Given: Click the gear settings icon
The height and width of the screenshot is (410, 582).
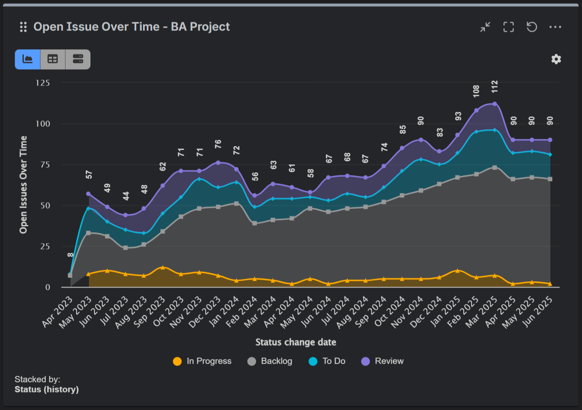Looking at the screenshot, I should [x=556, y=59].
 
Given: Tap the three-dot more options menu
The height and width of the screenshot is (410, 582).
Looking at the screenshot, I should [x=555, y=27].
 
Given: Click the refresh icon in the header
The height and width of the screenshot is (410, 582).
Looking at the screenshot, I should [x=532, y=27].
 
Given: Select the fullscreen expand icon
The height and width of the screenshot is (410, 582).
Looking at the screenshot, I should [x=508, y=27].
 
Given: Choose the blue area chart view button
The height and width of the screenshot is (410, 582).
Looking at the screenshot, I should [x=28, y=59].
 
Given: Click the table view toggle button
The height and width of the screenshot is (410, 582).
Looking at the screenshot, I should [x=53, y=59].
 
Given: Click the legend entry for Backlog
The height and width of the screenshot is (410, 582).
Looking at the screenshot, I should [x=270, y=361].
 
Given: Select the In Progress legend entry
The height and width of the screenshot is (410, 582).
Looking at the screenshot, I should [x=202, y=361].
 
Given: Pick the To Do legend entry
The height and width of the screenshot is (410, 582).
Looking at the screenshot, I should [x=327, y=361].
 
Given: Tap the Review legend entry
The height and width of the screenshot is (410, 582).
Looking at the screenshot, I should [x=382, y=361].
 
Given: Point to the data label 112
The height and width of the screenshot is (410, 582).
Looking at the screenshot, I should [x=494, y=87].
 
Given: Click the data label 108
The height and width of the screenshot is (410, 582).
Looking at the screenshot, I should [x=476, y=91].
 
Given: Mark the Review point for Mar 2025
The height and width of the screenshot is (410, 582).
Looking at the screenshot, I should [x=494, y=104].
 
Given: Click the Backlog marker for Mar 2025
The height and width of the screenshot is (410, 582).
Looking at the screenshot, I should [x=494, y=168].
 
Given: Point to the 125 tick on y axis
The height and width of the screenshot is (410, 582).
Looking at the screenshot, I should [x=43, y=83].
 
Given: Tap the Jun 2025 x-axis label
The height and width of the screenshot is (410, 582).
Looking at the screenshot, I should [x=538, y=311].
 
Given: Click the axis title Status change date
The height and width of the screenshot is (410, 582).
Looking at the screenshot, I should [x=296, y=342].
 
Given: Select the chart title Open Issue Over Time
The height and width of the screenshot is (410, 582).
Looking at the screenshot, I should [x=131, y=27].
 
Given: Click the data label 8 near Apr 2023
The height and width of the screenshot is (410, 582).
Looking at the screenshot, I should [x=70, y=254].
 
